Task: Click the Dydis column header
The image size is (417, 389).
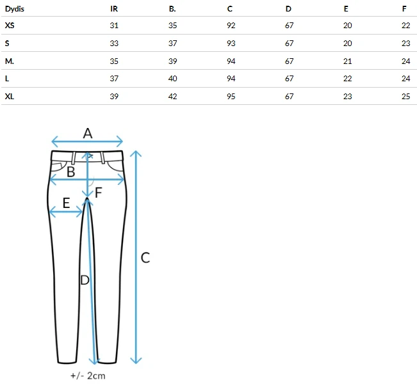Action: [15, 9]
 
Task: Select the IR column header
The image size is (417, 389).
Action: [114, 9]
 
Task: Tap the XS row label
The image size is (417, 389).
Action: [10, 26]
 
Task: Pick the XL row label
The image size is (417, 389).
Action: [10, 97]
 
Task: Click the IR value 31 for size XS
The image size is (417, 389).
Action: [114, 26]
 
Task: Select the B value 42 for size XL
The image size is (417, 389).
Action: [172, 97]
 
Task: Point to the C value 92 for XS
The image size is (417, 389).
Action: [231, 26]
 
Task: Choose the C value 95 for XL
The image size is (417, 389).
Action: [231, 97]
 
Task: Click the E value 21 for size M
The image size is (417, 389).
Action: [348, 61]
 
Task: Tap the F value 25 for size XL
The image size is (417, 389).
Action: [406, 97]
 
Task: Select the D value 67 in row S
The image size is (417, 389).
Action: [290, 44]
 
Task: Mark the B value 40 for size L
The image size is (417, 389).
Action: [172, 79]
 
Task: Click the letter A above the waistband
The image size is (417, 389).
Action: [88, 133]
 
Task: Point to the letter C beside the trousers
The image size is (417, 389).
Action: [145, 258]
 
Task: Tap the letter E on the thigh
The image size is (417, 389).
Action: [66, 203]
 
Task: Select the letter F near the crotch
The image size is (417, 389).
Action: [99, 193]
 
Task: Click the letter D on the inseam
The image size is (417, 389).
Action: [85, 280]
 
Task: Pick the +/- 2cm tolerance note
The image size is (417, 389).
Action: [88, 376]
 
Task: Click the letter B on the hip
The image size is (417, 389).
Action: [70, 172]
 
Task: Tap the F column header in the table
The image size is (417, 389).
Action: [404, 9]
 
